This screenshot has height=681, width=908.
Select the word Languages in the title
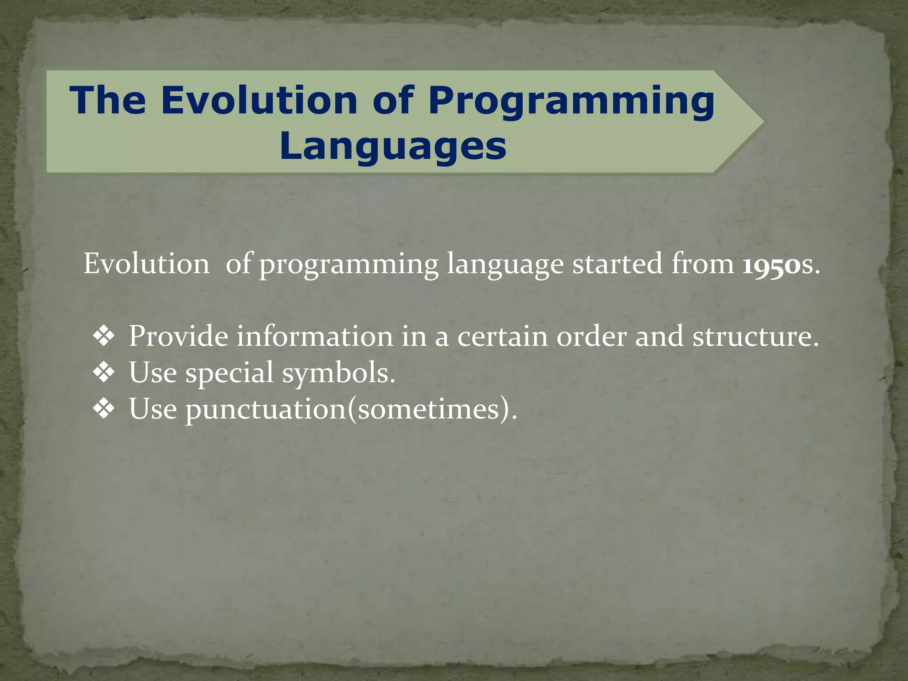[x=393, y=146]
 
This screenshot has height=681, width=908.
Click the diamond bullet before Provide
[x=104, y=336]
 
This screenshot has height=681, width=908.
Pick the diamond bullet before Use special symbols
[x=104, y=372]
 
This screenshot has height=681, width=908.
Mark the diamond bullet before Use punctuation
[x=104, y=408]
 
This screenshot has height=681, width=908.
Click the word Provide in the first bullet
[x=178, y=336]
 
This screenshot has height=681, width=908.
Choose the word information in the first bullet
[x=314, y=336]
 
